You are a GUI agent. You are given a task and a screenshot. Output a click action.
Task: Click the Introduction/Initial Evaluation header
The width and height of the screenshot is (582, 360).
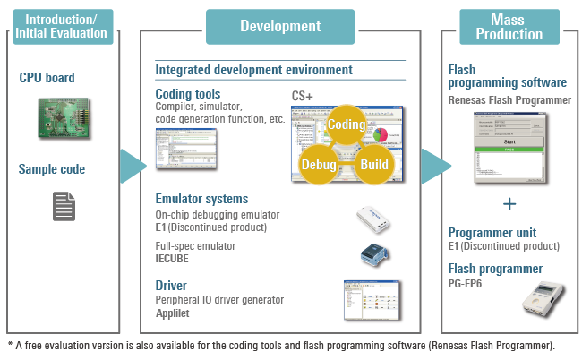click(x=62, y=26)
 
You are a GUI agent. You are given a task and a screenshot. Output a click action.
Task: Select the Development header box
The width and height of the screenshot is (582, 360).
click(x=280, y=26)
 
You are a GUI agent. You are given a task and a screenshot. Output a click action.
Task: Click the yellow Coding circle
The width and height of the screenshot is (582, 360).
click(x=345, y=123)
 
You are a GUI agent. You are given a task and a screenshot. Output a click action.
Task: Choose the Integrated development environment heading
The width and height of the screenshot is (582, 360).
click(x=253, y=69)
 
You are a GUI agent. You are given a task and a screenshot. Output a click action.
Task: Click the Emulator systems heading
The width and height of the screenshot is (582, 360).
click(x=201, y=199)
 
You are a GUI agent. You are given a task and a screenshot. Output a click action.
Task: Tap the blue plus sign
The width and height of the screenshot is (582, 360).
click(x=509, y=204)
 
